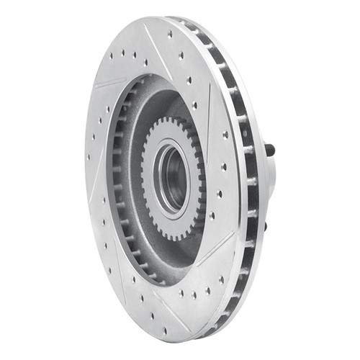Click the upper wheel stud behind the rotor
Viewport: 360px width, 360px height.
(x=271, y=150)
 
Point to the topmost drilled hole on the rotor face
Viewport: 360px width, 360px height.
(x=170, y=34)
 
